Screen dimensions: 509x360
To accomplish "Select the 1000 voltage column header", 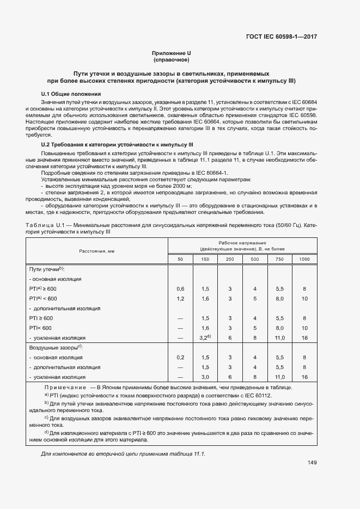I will pos(304,259).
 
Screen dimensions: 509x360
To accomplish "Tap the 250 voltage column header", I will pos(230,259).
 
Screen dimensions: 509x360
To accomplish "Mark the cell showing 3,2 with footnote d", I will pos(205,338).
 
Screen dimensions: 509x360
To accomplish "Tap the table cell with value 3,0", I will pos(205,377).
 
